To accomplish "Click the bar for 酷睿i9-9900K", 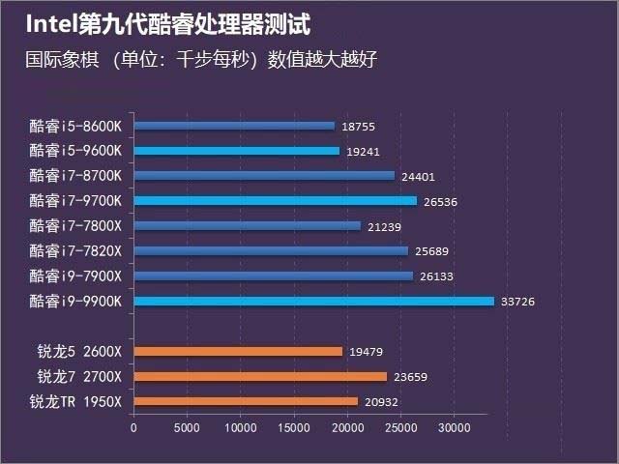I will (x=313, y=302).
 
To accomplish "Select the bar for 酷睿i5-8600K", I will (x=234, y=126).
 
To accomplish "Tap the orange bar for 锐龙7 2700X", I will (x=260, y=376).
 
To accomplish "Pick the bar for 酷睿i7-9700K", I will (x=275, y=201).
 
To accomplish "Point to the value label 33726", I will (x=517, y=302).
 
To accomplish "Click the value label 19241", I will (x=363, y=151).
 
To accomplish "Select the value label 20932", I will (x=381, y=401).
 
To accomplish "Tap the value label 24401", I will (x=418, y=176).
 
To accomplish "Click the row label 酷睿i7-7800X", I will (x=76, y=226).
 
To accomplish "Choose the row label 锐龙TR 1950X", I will (x=75, y=401).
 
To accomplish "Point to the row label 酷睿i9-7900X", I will (x=76, y=276).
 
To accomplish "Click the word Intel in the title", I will (x=51, y=22).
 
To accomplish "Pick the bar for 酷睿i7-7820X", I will (x=271, y=251).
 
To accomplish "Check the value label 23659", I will (x=410, y=376).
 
